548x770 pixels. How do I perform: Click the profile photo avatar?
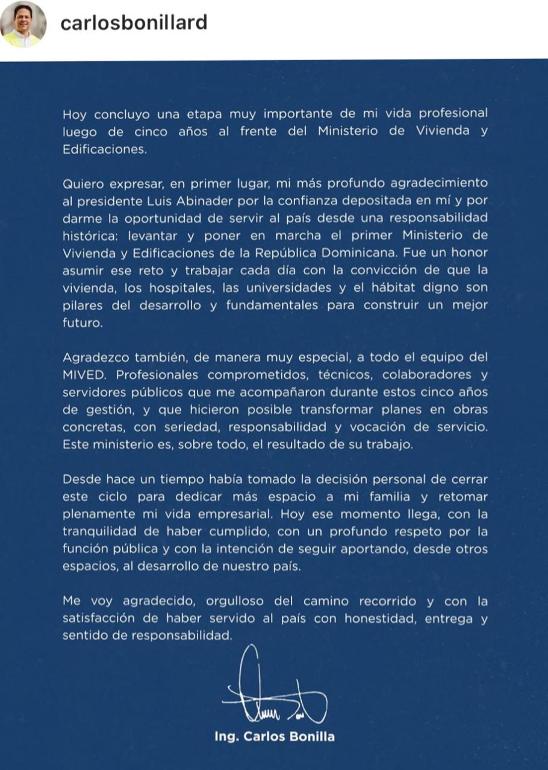(23, 24)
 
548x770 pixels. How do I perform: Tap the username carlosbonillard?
(134, 23)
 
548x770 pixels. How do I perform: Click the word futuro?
(82, 322)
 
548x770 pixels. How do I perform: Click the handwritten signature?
(274, 692)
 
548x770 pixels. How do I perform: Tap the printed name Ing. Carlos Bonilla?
(274, 737)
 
